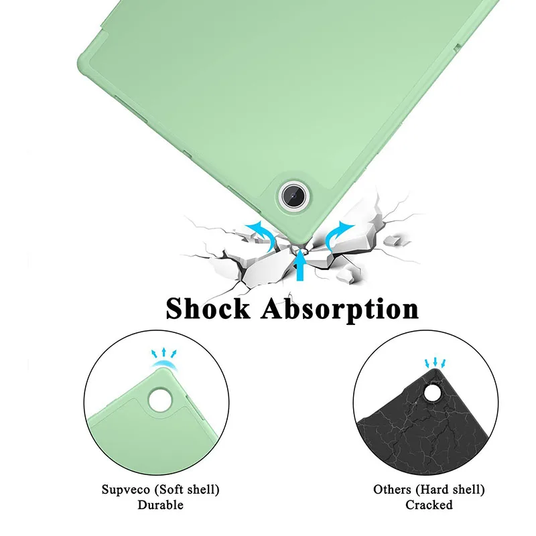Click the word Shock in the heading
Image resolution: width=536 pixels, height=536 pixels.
point(208,309)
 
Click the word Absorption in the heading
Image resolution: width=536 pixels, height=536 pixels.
point(340,310)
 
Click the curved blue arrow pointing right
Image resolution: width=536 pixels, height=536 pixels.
point(340,234)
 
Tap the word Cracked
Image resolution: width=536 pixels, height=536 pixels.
point(429,505)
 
